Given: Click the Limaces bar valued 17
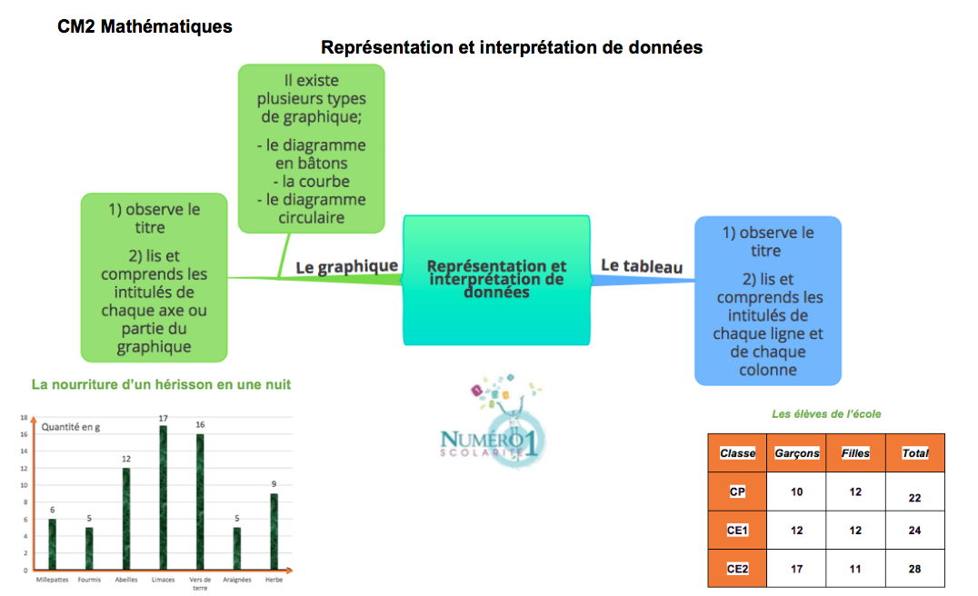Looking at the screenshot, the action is point(164,498).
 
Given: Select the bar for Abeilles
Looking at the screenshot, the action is point(126,519).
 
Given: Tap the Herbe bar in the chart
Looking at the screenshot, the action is point(274,531).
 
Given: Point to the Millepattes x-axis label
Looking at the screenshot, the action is point(53,580).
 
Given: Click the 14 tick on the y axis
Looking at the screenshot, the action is point(25,451).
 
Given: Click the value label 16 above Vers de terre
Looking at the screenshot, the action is point(200,424).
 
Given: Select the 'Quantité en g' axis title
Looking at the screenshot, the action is point(71,427).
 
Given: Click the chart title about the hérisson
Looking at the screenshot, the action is point(161,384).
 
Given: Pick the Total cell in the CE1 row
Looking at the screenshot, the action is point(915,531).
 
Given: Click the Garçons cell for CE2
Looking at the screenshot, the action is point(796,569).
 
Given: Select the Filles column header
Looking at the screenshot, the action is point(856,453).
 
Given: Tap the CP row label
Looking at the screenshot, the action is point(737,492).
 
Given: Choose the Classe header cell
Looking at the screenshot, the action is point(737,453).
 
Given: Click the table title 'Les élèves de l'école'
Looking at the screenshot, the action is point(826,414).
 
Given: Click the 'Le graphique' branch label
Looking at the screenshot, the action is point(347,267).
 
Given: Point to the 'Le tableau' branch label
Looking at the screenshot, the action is point(642,266).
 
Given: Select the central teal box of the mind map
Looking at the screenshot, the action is point(496,280).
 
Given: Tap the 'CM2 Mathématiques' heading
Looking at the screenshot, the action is point(145,27).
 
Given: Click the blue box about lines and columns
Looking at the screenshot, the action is point(768,301).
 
